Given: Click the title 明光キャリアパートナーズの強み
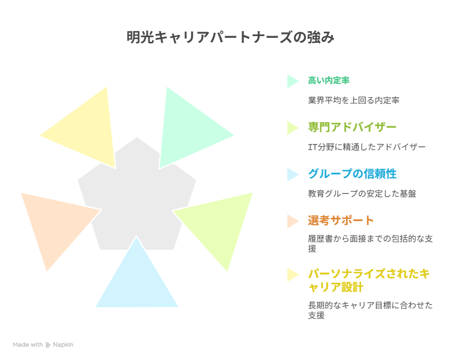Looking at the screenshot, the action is coord(231,37).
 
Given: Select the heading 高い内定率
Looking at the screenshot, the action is coord(328,81).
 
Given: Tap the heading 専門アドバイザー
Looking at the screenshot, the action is coord(352,127).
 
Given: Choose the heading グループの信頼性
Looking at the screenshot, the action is coord(352,174).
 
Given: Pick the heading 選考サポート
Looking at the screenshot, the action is coord(341,221).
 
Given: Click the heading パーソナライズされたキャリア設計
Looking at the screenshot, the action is coord(369,280).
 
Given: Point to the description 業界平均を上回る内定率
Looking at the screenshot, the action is coord(353,101).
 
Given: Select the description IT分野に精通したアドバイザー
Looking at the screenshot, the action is coord(367,147).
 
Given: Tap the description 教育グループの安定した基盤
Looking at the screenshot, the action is coord(362,194).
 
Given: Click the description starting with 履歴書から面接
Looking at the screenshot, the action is coord(370,243).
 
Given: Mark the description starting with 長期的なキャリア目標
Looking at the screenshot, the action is coord(370,310).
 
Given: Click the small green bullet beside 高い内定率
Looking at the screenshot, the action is coord(292,81).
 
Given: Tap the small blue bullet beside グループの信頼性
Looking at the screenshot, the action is coord(292,174).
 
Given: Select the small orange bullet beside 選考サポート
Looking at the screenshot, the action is coord(292,221).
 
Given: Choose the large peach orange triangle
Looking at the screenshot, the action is coord(56,223).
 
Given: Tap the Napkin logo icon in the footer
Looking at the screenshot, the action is coord(48,345).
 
